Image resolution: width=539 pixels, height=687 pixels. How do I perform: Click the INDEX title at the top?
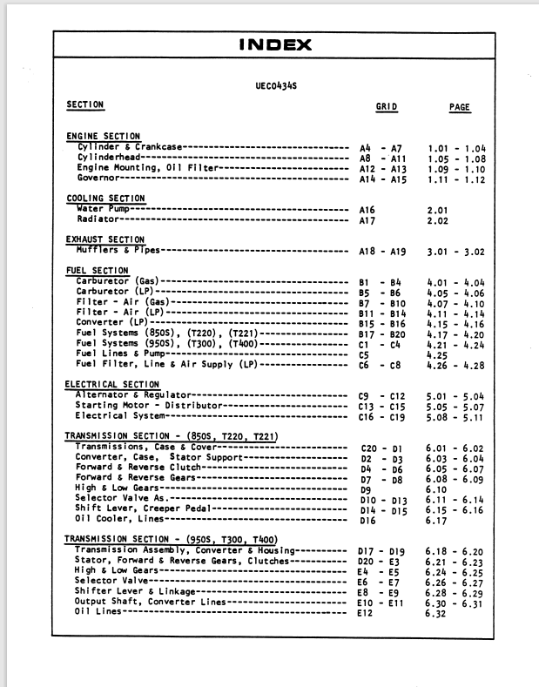pyautogui.click(x=275, y=44)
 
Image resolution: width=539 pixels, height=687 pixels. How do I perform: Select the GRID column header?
pyautogui.click(x=386, y=107)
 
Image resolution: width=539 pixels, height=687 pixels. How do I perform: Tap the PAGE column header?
pyautogui.click(x=459, y=107)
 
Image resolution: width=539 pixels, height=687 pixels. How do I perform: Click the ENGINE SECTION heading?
pyautogui.click(x=103, y=137)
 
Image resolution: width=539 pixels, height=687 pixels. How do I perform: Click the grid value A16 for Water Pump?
pyautogui.click(x=367, y=210)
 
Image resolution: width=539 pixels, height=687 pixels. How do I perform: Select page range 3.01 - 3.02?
pyautogui.click(x=455, y=252)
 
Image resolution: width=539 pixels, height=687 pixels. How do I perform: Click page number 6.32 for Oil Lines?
pyautogui.click(x=436, y=613)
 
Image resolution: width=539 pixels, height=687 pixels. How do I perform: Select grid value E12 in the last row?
pyautogui.click(x=365, y=613)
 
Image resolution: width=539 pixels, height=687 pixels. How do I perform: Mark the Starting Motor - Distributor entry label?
pyautogui.click(x=134, y=406)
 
